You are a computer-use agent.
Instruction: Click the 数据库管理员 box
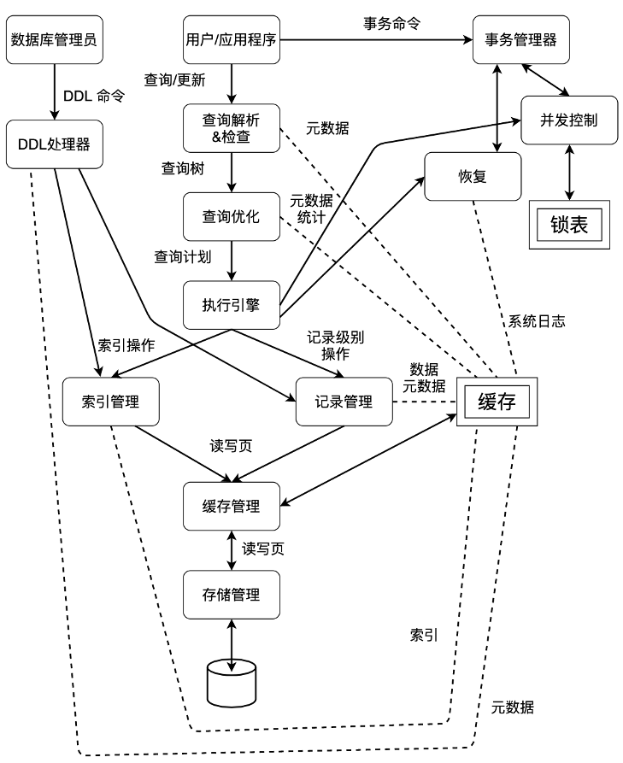(x=54, y=40)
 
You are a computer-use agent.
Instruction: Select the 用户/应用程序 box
(x=232, y=40)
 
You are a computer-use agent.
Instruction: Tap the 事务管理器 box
(x=522, y=40)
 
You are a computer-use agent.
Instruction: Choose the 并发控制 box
(x=571, y=120)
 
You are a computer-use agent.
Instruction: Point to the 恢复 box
(x=473, y=177)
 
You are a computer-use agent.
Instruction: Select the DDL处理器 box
(x=54, y=144)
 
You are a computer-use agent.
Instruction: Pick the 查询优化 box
(x=232, y=216)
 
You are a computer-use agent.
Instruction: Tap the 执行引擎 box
(x=232, y=304)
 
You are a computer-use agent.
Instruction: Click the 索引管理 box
(x=112, y=401)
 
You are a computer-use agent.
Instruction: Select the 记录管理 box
(x=344, y=401)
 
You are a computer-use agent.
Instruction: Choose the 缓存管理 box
(x=232, y=506)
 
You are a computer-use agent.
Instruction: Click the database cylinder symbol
(x=232, y=679)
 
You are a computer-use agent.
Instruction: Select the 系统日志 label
(x=537, y=322)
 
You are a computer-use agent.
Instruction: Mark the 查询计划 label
(x=182, y=255)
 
